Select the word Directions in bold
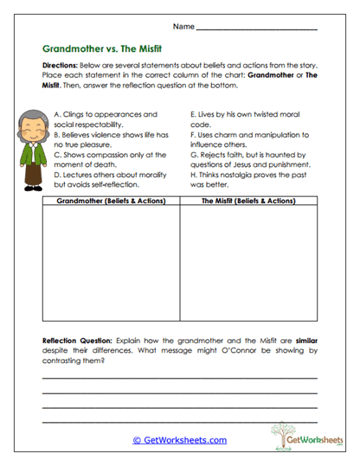point(60,67)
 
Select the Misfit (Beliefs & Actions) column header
point(248,201)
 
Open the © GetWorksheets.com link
point(179,439)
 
